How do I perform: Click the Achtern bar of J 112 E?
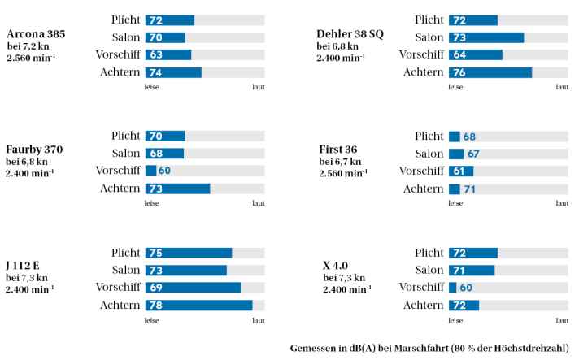pos(199,306)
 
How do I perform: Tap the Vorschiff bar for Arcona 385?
pos(168,55)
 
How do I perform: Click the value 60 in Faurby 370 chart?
pos(164,171)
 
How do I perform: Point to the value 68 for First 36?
pos(469,137)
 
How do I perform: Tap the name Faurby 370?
pos(34,150)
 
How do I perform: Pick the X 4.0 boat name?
pos(336,266)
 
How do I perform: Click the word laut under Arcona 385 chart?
pos(258,87)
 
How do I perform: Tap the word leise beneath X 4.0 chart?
pos(455,320)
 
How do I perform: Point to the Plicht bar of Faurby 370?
pos(165,137)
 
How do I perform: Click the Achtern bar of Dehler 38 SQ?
pos(490,73)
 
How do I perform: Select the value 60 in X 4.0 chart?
pos(466,288)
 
